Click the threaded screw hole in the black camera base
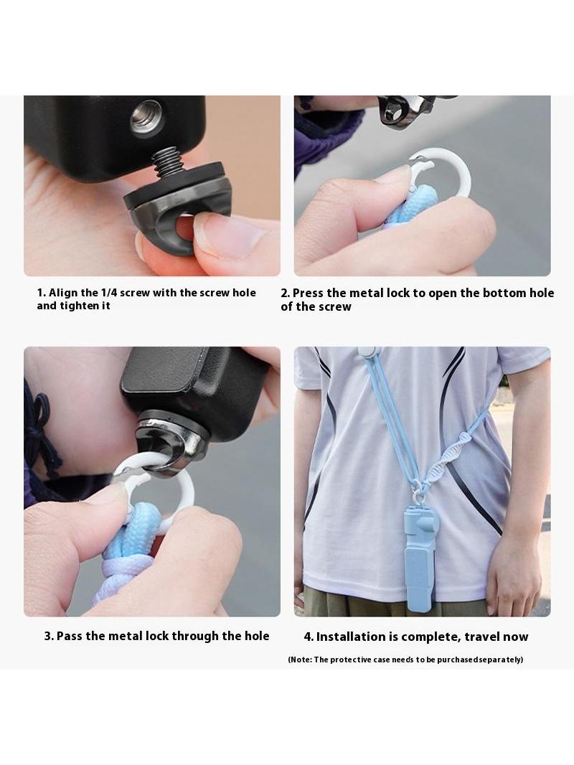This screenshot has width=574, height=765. [147, 117]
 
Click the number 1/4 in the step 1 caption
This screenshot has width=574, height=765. [109, 293]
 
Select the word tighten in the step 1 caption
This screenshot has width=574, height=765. [80, 306]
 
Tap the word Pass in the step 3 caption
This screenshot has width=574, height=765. [70, 637]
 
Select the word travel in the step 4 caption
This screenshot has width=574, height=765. [482, 637]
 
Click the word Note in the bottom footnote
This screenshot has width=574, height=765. [300, 660]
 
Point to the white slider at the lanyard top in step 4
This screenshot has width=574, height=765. [366, 353]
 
